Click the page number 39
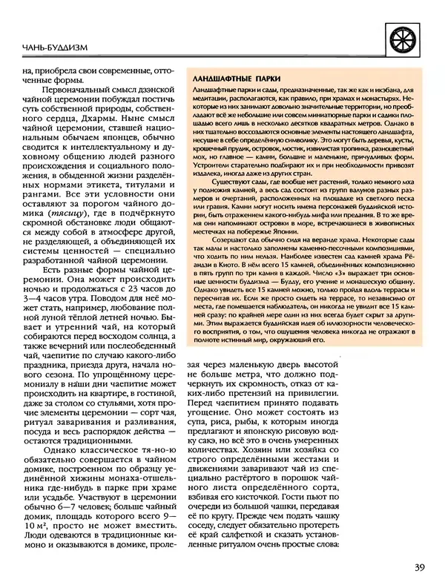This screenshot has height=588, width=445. [x=419, y=568]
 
